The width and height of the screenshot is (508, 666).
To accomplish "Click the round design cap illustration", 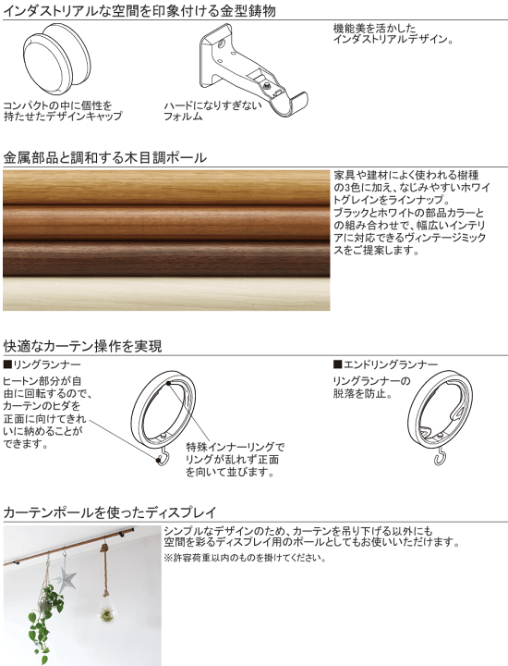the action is click(56, 61).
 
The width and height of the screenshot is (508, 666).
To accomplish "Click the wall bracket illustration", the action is click(252, 68).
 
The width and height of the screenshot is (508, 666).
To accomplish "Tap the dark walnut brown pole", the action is click(166, 258).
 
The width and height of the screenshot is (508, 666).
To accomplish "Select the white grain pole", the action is click(166, 293).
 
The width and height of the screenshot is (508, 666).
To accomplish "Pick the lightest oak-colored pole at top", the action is click(166, 188).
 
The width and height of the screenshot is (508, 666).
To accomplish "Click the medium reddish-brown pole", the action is click(166, 224).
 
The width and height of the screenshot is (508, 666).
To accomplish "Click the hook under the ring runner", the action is click(162, 455).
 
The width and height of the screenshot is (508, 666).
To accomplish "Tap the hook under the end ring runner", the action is click(441, 457).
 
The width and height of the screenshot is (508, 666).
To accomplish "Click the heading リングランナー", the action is click(42, 364).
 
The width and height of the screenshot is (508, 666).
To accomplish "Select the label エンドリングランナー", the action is click(385, 364).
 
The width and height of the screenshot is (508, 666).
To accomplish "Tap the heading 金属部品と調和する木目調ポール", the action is click(104, 158).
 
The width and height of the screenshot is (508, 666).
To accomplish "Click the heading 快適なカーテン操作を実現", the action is click(83, 346).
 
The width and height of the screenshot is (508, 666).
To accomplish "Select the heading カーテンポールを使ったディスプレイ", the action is click(110, 512).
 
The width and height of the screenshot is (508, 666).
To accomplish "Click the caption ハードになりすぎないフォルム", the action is click(213, 110).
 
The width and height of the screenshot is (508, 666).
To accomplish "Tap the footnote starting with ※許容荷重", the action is click(245, 557).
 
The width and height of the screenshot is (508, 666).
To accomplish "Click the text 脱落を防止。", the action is click(362, 394).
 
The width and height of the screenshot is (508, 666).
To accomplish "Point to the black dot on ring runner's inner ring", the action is click(169, 384).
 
